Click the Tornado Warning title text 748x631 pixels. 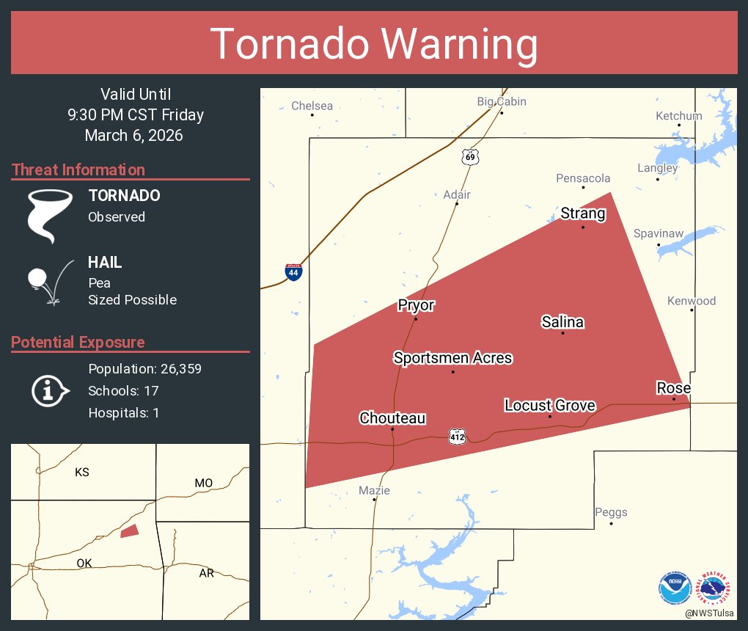[374, 44]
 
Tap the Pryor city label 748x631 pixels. [416, 305]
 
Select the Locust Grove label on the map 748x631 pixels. [550, 405]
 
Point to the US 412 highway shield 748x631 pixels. [458, 436]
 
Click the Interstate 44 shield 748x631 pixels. [293, 272]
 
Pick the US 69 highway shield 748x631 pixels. [469, 156]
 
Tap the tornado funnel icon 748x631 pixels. [50, 215]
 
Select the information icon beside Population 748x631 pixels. [49, 390]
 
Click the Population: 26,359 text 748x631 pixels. [144, 368]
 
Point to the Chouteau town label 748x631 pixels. [392, 418]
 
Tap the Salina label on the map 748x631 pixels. [562, 321]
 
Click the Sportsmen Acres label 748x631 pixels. [452, 358]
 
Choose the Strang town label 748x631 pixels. [583, 214]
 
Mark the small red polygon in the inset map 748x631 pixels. [129, 530]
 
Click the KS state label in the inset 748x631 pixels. [82, 473]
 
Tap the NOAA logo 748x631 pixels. [675, 588]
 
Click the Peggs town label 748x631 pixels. [611, 512]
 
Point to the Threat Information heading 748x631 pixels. [78, 169]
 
